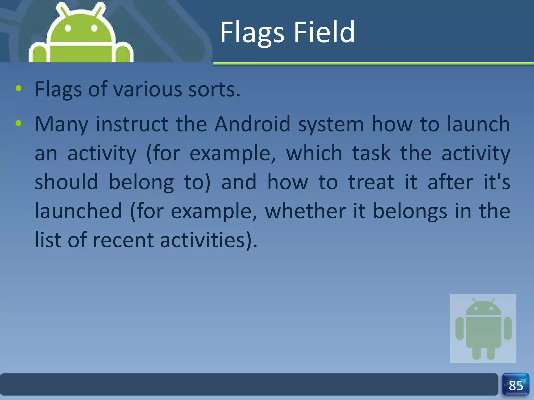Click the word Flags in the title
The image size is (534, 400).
(x=252, y=33)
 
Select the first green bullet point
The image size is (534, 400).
(x=19, y=89)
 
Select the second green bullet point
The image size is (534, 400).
(x=19, y=123)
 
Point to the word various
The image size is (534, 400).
(x=148, y=89)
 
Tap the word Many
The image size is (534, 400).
(x=62, y=124)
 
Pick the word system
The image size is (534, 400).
(x=331, y=124)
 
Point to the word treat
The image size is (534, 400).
(x=371, y=182)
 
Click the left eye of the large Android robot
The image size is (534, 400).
(x=68, y=28)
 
